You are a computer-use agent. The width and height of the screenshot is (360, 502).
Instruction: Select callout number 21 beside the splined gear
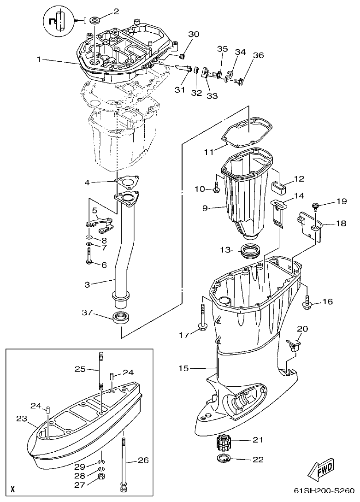[x=257, y=440]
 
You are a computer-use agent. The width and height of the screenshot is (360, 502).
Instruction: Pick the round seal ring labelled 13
[x=252, y=252]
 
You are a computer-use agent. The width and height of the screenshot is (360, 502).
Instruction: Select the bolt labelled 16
[x=308, y=302]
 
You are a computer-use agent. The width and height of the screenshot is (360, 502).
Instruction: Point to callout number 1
[x=39, y=59]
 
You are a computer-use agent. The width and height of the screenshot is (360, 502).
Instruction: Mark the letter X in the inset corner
[x=12, y=488]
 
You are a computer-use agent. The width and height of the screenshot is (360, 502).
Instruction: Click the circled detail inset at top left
[x=59, y=21]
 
